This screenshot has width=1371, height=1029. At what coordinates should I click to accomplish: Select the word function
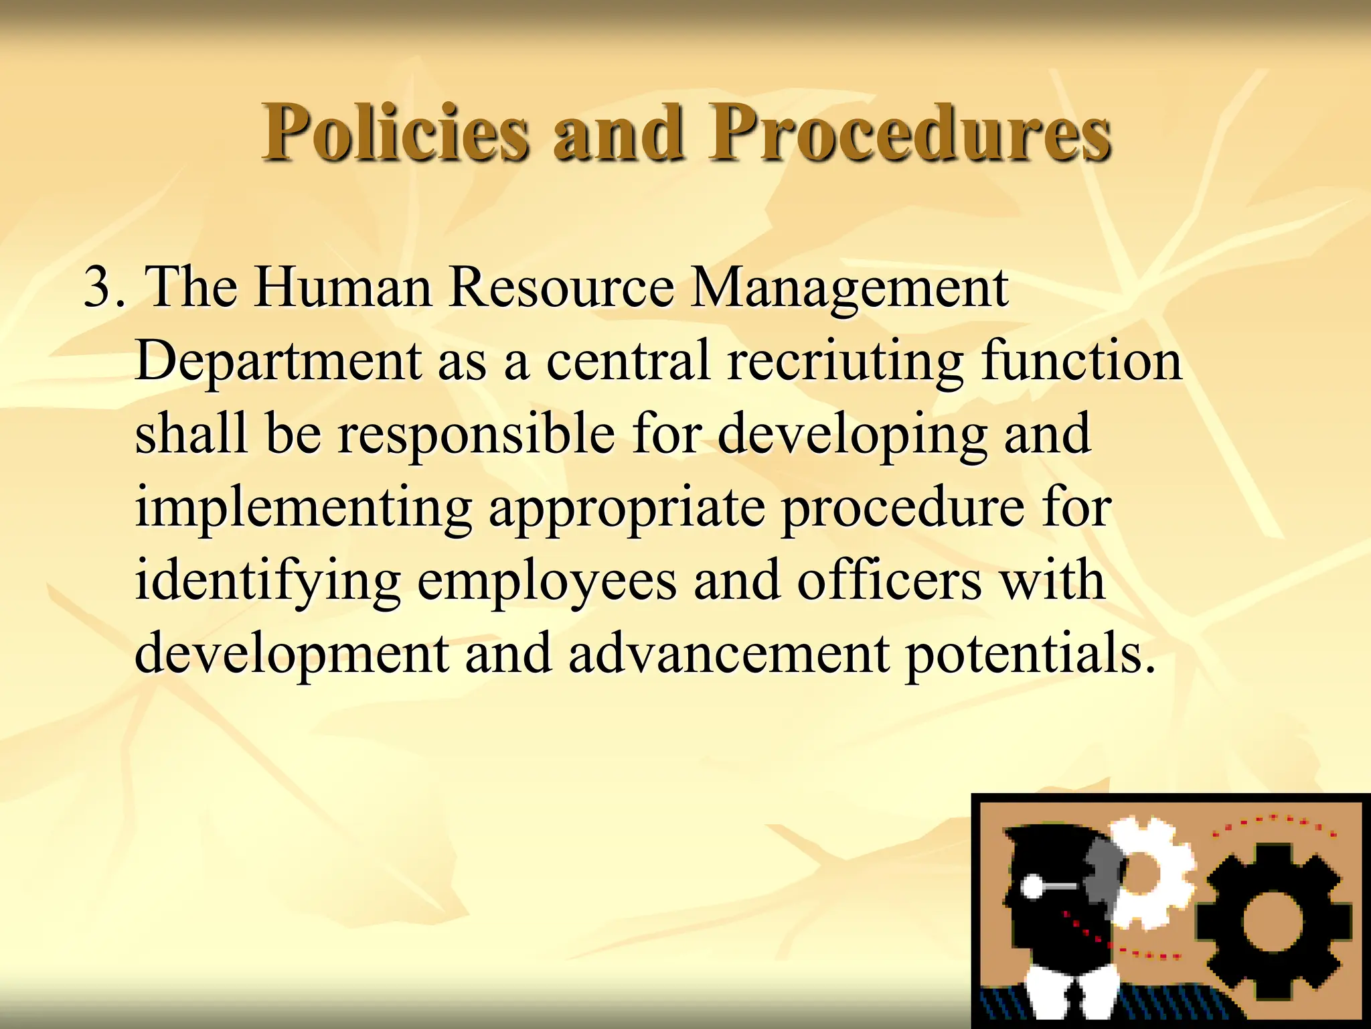(x=1081, y=361)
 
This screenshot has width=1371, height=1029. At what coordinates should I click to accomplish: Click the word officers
(x=889, y=580)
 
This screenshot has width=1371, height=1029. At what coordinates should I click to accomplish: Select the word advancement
(x=729, y=654)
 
